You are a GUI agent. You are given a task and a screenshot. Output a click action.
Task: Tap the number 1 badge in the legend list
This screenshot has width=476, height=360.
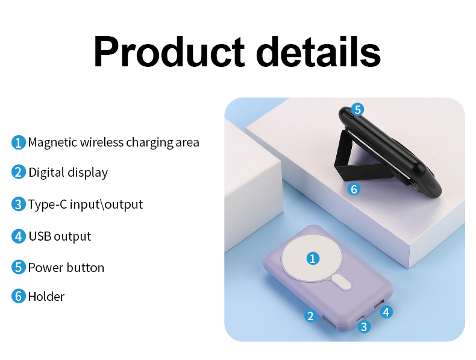click(x=19, y=142)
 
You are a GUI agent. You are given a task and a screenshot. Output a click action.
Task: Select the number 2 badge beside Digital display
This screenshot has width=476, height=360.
click(x=19, y=172)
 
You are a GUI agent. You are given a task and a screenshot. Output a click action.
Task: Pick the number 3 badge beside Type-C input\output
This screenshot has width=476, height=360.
click(x=19, y=204)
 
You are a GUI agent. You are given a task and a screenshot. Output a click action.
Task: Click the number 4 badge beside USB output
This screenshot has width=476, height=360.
click(x=19, y=236)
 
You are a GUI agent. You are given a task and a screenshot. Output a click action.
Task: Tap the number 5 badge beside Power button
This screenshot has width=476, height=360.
click(x=19, y=267)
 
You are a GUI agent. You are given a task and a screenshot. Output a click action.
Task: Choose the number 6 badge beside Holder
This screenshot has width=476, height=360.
click(x=19, y=296)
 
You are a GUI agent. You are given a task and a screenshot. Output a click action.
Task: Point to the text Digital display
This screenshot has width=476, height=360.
click(x=68, y=172)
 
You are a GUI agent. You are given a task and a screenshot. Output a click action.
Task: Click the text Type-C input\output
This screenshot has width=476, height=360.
click(x=86, y=204)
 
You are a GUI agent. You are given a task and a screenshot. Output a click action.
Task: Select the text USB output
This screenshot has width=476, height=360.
click(x=60, y=236)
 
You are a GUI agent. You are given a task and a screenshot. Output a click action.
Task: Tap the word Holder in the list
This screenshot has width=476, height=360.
click(x=46, y=296)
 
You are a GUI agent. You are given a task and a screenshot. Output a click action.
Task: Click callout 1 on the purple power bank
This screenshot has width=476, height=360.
click(x=312, y=259)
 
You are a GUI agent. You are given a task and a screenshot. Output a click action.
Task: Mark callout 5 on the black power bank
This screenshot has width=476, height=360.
click(x=357, y=110)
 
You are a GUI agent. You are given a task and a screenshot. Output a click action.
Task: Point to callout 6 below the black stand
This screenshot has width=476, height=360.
click(x=354, y=189)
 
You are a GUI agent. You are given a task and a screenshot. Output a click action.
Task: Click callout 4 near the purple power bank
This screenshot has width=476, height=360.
click(x=386, y=312)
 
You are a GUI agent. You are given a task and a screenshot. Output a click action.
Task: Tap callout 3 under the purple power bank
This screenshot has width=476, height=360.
click(x=363, y=326)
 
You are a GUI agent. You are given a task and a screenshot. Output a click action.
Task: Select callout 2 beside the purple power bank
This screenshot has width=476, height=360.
click(x=310, y=315)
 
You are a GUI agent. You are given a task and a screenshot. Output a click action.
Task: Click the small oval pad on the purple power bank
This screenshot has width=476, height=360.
click(x=342, y=282)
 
